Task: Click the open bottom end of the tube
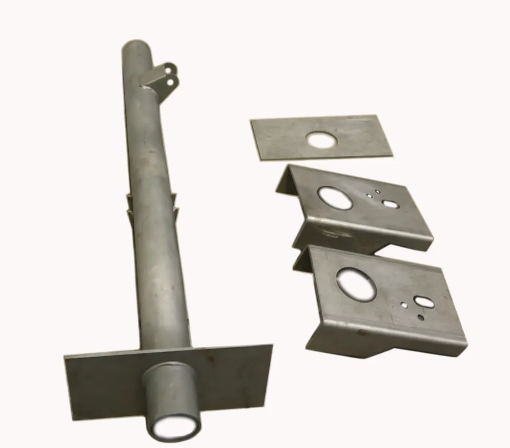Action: (x=173, y=428)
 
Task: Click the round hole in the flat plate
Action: (x=322, y=140)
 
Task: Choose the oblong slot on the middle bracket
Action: (x=391, y=204)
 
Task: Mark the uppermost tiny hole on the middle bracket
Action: (x=378, y=191)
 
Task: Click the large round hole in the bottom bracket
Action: (x=356, y=284)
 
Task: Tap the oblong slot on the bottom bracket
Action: (x=423, y=302)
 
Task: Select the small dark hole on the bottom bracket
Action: (x=421, y=317)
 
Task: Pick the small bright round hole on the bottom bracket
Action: (x=404, y=306)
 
